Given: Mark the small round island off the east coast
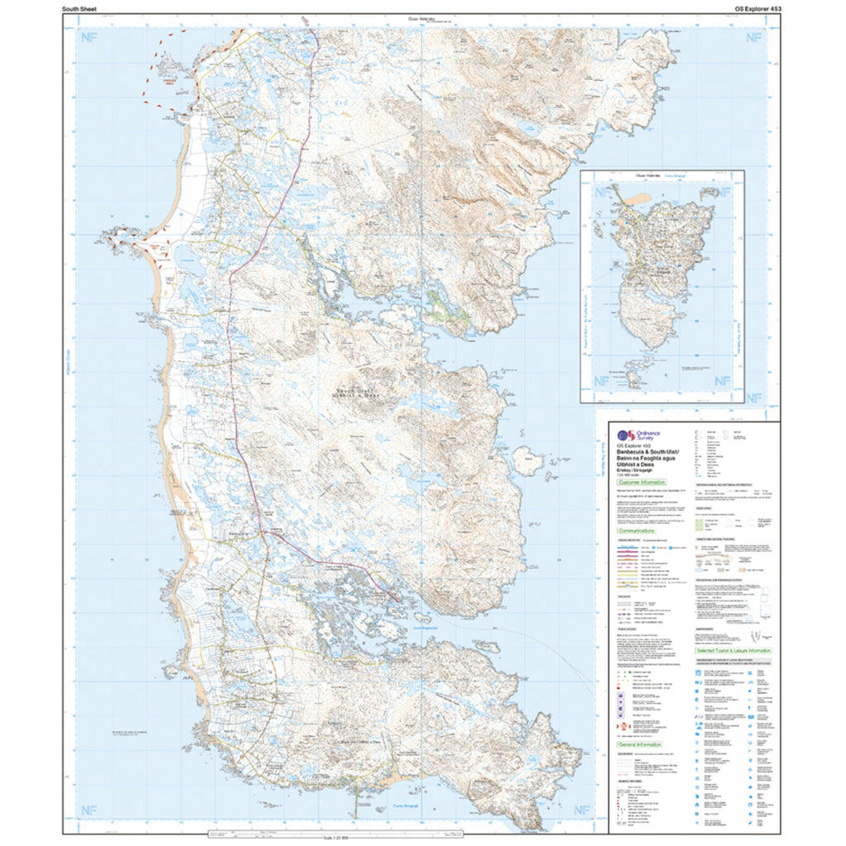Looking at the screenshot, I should [524, 456].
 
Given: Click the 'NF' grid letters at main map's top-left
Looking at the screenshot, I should [86, 37].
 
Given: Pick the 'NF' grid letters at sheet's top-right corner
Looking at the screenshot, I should [753, 37].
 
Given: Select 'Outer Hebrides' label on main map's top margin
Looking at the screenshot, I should [421, 19].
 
